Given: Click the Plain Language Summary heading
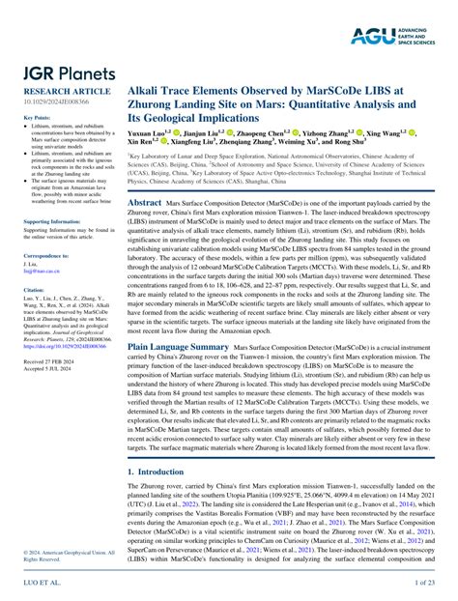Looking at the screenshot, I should pyautogui.click(x=177, y=344).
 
